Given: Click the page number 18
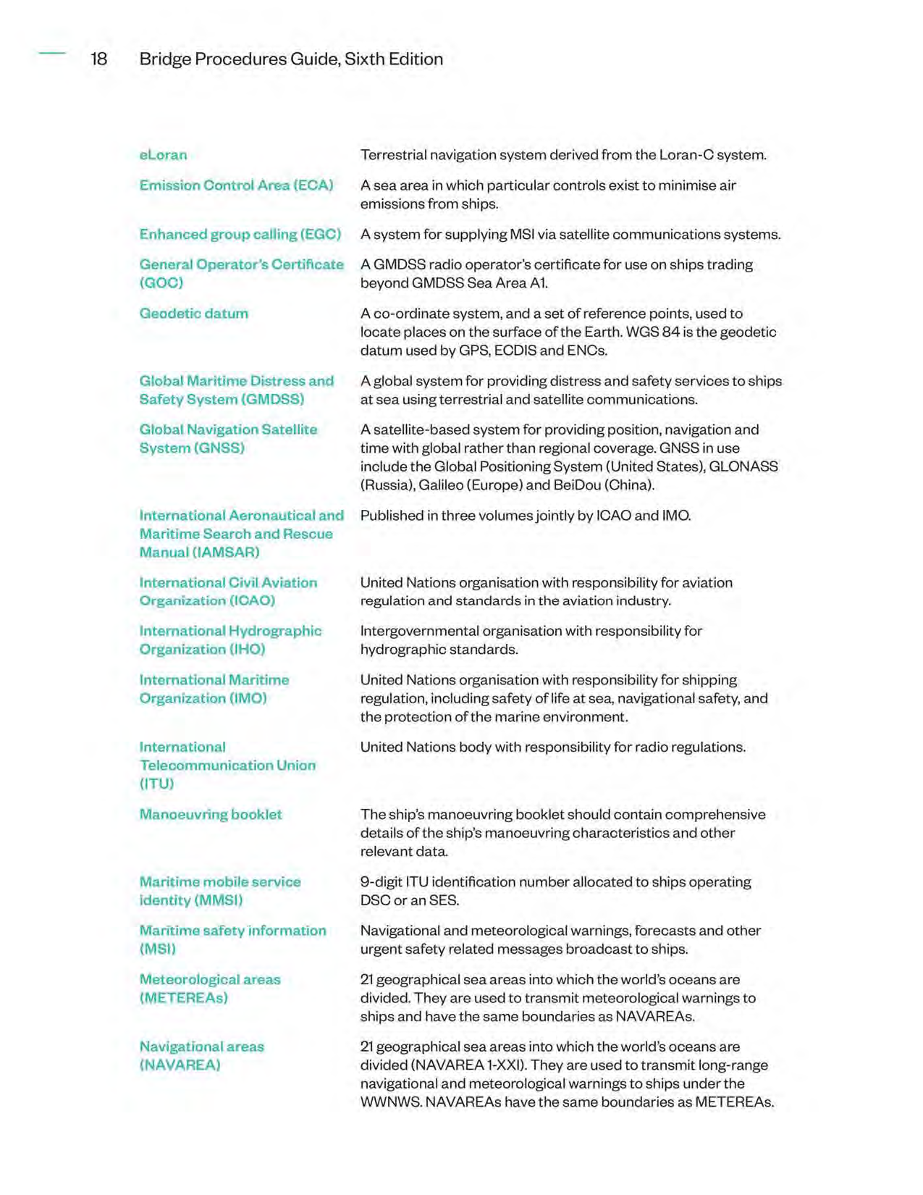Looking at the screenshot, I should pyautogui.click(x=98, y=59).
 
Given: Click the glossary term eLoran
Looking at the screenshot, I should pyautogui.click(x=163, y=155).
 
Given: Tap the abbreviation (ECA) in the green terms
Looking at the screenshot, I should pyautogui.click(x=313, y=185).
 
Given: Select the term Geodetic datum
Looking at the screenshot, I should pyautogui.click(x=193, y=314).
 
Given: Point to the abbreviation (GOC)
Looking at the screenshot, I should pyautogui.click(x=161, y=282).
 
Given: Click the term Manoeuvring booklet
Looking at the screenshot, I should pyautogui.click(x=211, y=814).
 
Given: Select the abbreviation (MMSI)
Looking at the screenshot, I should pyautogui.click(x=216, y=900).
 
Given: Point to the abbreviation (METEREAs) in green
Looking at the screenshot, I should pyautogui.click(x=183, y=998).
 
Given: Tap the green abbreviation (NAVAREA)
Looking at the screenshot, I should pyautogui.click(x=180, y=1065).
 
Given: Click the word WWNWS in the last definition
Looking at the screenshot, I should pyautogui.click(x=390, y=1102).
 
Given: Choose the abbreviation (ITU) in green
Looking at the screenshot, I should pyautogui.click(x=156, y=784).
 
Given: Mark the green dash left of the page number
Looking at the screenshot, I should pyautogui.click(x=52, y=53).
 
